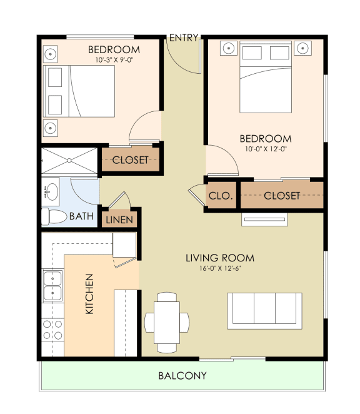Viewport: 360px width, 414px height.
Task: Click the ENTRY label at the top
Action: point(184,38)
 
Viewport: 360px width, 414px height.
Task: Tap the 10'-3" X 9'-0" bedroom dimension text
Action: point(114,60)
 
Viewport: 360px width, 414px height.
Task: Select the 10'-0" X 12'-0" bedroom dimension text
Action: point(266,149)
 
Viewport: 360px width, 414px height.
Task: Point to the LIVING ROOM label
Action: point(220,258)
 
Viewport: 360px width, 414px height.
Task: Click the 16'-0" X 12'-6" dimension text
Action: point(220,268)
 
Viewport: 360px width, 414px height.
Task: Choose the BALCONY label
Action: point(182,376)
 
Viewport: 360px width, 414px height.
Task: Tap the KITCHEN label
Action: point(89,294)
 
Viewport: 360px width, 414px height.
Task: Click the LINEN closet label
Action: point(119,220)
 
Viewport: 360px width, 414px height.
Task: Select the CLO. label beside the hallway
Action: point(221,196)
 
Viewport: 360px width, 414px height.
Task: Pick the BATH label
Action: point(81,216)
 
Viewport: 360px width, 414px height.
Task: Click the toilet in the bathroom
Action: point(54,217)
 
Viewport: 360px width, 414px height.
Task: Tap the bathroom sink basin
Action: point(52,192)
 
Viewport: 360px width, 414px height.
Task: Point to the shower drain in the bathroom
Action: point(69,160)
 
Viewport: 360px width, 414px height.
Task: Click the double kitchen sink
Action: point(52,286)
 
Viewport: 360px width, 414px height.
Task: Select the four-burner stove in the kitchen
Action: point(52,330)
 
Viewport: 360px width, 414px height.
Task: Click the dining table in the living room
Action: point(167,322)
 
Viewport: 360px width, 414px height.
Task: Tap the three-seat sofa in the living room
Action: point(264,311)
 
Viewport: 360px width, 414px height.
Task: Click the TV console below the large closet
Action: point(264,220)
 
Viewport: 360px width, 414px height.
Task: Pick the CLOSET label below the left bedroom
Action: point(131,160)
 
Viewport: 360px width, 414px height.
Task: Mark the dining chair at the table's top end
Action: point(167,297)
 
